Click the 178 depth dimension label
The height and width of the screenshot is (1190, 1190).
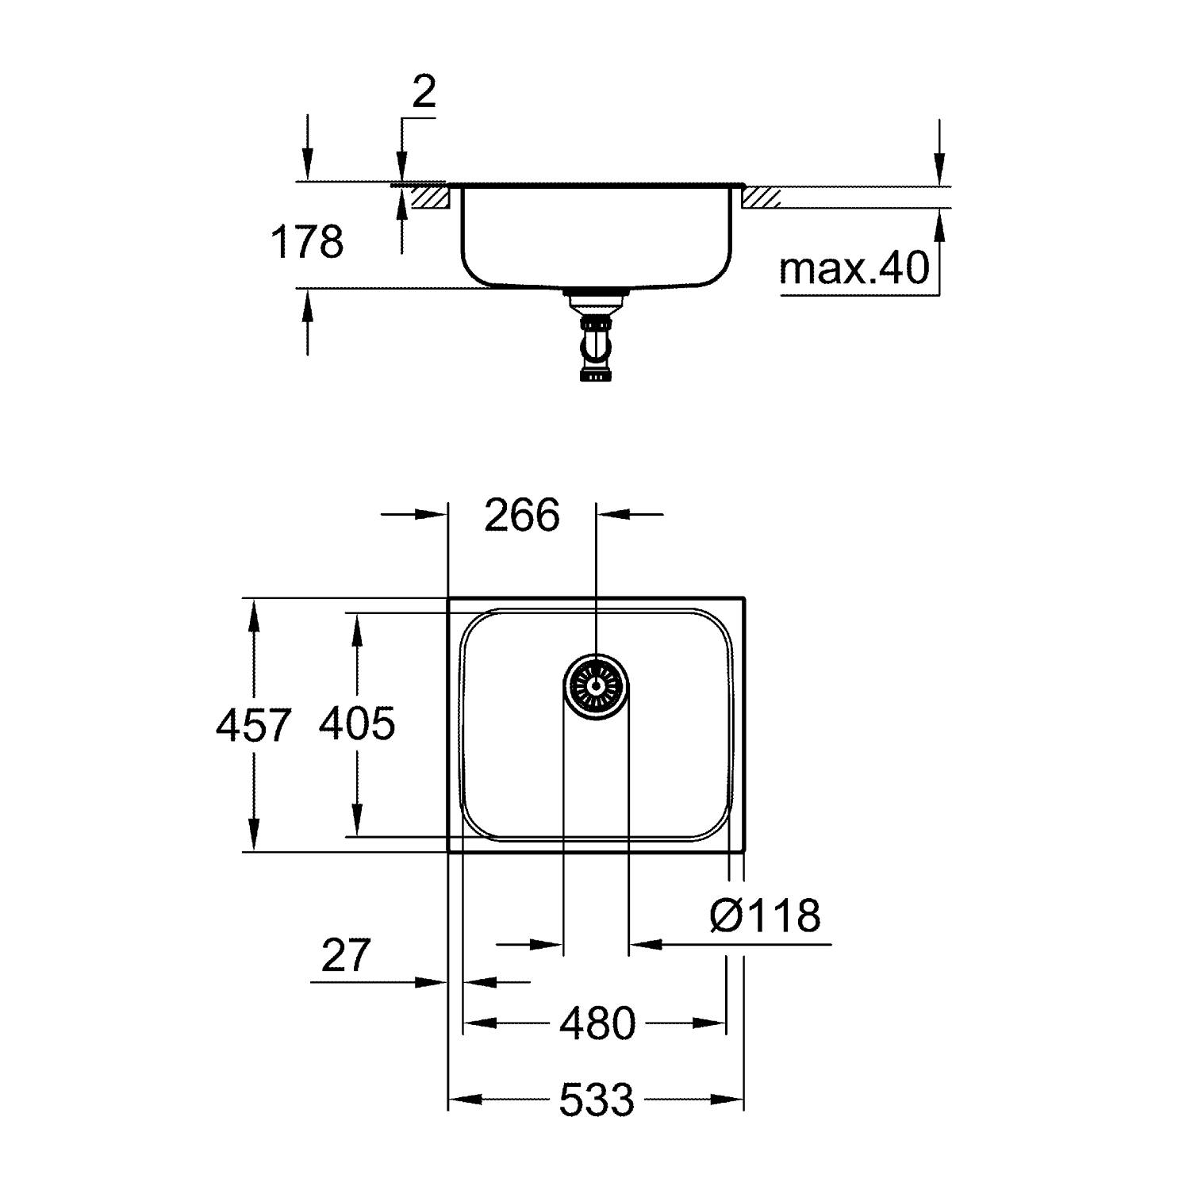pos(307,242)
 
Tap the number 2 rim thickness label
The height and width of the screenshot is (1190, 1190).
pos(424,93)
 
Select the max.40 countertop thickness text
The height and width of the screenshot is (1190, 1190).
pos(854,269)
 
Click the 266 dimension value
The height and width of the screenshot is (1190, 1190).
pos(522,516)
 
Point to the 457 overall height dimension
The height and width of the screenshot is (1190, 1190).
pos(254,725)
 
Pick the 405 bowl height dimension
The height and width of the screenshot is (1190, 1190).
pos(356,724)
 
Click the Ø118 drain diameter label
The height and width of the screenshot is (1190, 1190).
pos(765,916)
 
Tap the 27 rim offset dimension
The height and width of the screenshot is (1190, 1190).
pos(346,955)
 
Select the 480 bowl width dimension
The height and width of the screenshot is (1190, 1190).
pos(597,1023)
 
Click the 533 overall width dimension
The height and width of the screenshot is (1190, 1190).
pos(597,1100)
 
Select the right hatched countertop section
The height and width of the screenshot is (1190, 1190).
pos(761,198)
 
